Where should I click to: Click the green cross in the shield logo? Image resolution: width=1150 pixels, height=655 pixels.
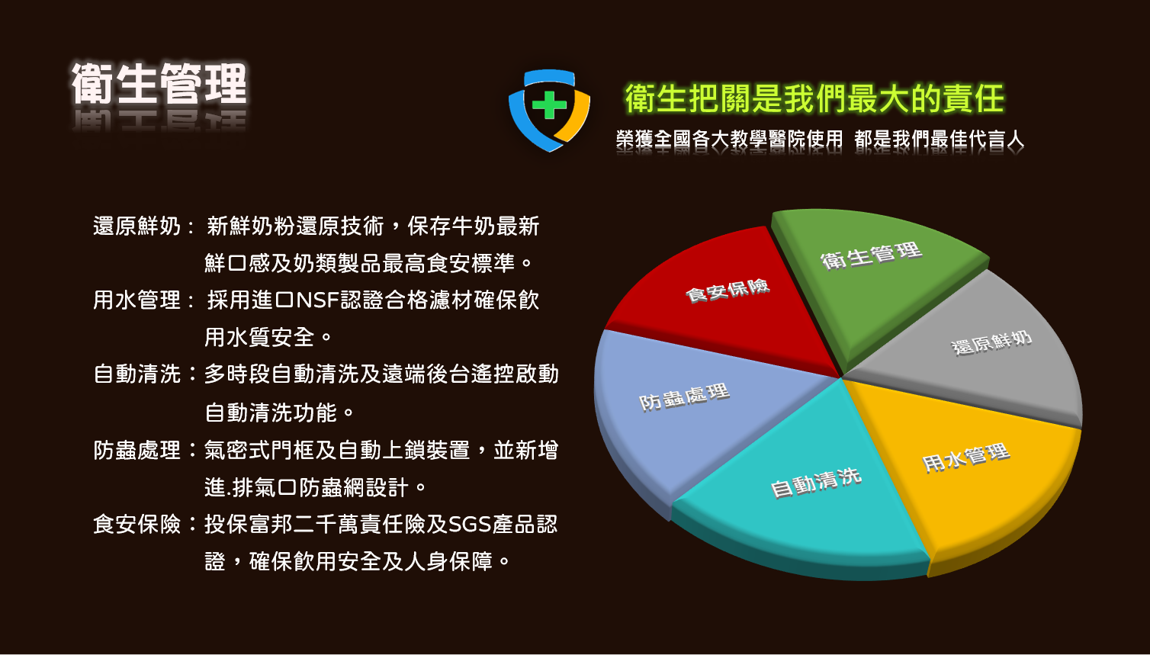tap(549, 104)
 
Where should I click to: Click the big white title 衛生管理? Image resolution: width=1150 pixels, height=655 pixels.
tap(159, 84)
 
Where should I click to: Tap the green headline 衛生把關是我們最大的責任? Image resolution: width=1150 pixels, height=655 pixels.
tap(814, 98)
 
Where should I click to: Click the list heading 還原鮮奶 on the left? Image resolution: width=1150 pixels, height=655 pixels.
tap(137, 226)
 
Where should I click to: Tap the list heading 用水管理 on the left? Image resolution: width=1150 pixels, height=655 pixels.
tap(137, 300)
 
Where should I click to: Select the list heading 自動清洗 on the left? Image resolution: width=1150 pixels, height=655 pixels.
tap(137, 374)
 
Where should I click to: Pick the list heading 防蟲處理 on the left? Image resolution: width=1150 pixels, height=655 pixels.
tap(137, 450)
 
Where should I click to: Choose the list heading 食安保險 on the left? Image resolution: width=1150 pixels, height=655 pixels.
tap(137, 524)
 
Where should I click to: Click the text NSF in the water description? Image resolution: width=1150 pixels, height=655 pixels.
tap(318, 300)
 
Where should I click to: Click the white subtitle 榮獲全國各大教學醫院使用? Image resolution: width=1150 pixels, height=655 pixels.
tap(729, 139)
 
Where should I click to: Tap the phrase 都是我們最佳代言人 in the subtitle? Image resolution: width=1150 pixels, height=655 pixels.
tap(939, 139)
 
